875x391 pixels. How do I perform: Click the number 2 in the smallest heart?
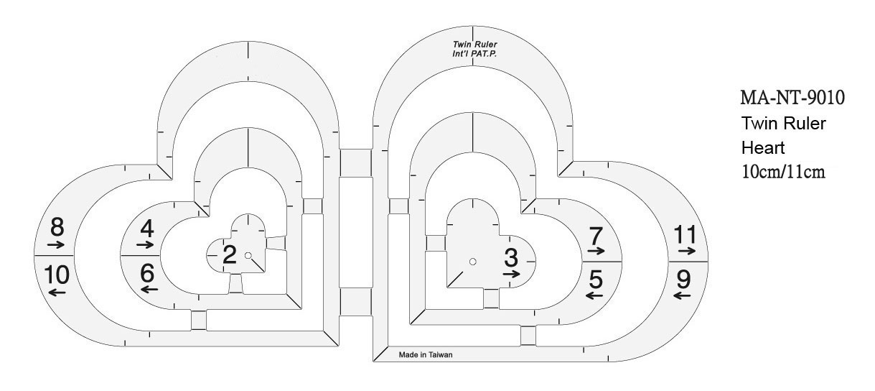click(x=229, y=254)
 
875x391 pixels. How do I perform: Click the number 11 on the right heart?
click(x=686, y=234)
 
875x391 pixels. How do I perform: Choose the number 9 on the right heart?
click(x=683, y=278)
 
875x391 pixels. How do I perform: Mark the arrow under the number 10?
click(x=57, y=292)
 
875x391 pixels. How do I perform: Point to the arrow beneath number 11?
click(x=686, y=251)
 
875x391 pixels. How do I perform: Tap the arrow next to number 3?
click(x=511, y=274)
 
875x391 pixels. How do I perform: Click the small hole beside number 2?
click(x=248, y=255)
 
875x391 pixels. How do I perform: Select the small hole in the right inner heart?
click(x=473, y=262)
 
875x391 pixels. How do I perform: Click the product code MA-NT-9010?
click(x=792, y=97)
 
